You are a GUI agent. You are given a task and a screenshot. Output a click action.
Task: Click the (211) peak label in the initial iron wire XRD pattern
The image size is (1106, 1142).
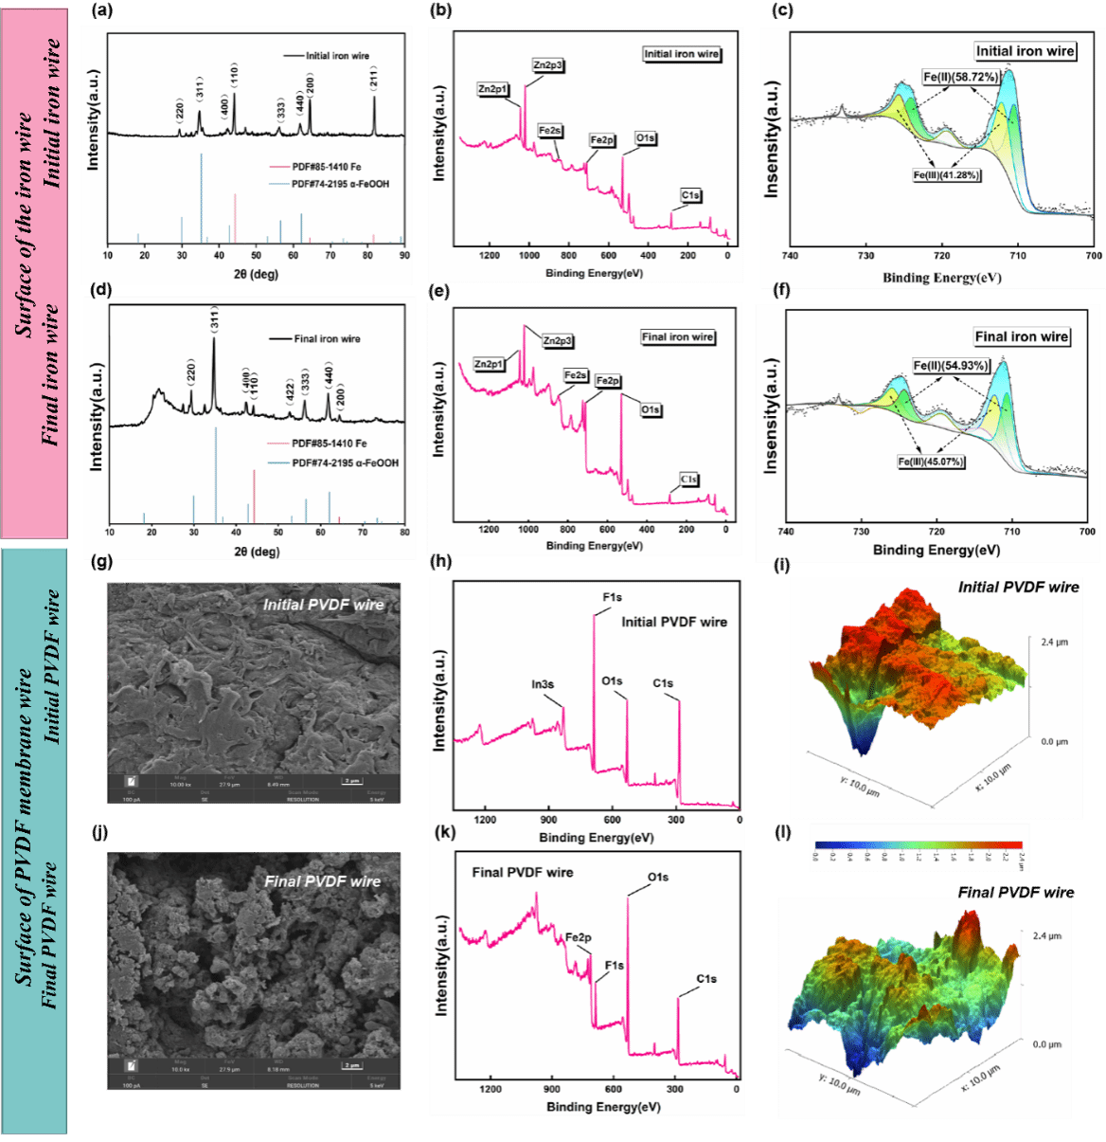(x=375, y=79)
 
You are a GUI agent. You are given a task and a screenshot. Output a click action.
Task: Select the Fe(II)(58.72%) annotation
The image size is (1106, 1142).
(x=960, y=77)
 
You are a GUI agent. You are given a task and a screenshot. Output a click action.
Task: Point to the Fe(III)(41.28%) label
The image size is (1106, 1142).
(x=946, y=175)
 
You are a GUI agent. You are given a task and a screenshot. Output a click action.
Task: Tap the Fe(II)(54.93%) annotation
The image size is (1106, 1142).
(x=951, y=366)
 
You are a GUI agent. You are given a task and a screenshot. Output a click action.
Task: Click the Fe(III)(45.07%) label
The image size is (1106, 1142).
(x=932, y=462)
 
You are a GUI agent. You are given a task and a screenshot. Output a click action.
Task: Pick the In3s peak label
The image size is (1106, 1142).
(x=543, y=684)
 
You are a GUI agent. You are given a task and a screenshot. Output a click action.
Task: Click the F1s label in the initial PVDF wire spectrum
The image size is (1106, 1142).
(x=612, y=597)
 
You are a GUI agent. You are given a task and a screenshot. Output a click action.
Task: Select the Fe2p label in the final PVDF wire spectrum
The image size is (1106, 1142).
(x=578, y=937)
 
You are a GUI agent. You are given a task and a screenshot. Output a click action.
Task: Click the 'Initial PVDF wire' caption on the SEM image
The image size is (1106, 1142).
(x=323, y=605)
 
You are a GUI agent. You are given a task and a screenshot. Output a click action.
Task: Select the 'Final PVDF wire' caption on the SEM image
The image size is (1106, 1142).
(x=322, y=881)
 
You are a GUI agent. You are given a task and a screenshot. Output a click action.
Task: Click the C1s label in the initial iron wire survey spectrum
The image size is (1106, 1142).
(x=690, y=196)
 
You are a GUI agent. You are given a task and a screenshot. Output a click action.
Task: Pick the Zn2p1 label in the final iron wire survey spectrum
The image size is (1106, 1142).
(x=489, y=364)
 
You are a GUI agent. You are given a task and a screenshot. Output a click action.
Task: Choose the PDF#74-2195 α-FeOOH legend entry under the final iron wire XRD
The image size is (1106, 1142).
(x=345, y=462)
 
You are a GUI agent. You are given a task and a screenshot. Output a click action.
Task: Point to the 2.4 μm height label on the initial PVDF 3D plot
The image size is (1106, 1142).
(x=1054, y=643)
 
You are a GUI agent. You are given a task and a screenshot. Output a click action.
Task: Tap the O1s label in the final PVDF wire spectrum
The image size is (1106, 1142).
(x=657, y=878)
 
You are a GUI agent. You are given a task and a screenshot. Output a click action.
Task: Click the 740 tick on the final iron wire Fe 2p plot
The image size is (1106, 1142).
(x=786, y=532)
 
